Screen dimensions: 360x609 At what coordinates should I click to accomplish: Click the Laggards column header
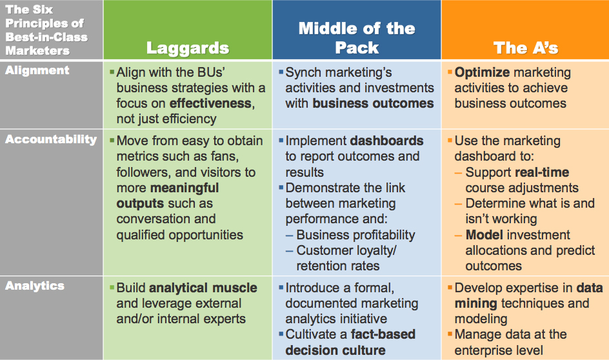(187, 48)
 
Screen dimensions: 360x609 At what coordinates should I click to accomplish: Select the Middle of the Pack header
(357, 37)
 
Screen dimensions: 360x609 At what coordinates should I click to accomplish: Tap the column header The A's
(525, 48)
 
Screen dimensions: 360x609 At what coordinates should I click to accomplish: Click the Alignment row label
(37, 70)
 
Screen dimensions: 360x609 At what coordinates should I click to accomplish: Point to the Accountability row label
(51, 139)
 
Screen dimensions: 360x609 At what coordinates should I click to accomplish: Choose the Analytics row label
(35, 286)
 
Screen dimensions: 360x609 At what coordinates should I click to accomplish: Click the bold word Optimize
(482, 72)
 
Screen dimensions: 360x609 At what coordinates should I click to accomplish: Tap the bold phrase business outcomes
(373, 103)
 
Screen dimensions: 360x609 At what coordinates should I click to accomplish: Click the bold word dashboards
(386, 141)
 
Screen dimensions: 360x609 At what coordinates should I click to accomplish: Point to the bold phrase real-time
(542, 172)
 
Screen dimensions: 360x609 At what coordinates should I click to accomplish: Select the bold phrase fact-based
(383, 335)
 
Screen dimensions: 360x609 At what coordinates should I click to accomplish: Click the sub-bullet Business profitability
(355, 235)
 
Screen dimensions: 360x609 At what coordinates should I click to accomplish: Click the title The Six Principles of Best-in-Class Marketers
(45, 30)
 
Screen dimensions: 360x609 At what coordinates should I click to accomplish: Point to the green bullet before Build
(112, 288)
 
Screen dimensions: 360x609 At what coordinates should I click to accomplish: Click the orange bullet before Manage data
(449, 335)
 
